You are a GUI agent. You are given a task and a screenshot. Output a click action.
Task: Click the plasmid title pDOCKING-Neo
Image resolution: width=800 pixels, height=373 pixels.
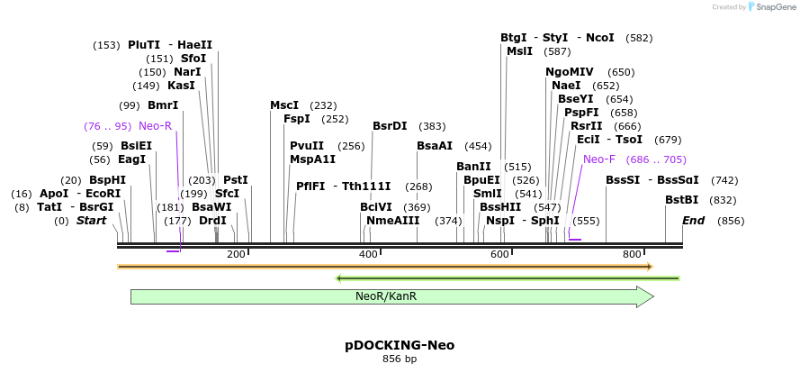tap(400, 345)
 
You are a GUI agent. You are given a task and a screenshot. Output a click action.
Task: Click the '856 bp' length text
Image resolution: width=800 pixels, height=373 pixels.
tap(400, 359)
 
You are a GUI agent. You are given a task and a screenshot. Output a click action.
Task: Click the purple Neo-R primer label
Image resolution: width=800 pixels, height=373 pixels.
tap(155, 126)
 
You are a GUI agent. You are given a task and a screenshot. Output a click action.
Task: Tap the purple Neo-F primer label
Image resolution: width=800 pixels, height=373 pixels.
tap(599, 159)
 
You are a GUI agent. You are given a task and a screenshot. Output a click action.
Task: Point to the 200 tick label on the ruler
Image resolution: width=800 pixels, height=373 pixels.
tap(237, 255)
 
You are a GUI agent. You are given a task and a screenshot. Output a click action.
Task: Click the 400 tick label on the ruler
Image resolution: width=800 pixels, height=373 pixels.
tap(369, 255)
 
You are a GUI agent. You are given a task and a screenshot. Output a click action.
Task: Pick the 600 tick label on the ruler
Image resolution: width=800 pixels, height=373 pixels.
tap(500, 255)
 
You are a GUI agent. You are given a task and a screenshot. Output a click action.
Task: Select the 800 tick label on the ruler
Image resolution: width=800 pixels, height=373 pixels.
tap(633, 255)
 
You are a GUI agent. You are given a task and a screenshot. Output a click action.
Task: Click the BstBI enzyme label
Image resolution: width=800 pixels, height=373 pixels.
tap(681, 200)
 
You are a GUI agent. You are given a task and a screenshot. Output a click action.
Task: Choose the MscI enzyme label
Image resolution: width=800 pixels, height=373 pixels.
tap(284, 105)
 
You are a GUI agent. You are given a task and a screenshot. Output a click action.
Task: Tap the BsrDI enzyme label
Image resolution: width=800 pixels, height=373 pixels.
tap(390, 126)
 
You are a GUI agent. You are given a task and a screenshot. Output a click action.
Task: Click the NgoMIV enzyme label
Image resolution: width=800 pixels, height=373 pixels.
tap(570, 72)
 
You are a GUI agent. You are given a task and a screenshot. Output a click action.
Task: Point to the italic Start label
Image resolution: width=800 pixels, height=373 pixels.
tap(91, 221)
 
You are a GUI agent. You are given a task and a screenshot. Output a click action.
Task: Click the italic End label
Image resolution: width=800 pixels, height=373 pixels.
tap(693, 221)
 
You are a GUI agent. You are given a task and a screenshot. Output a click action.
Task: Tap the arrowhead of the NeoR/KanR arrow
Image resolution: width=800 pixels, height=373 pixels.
tap(644, 296)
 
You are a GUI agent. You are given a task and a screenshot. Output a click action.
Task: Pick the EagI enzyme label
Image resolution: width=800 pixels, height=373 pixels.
tap(131, 159)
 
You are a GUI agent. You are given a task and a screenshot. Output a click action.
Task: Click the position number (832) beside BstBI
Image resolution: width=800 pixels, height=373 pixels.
tap(723, 200)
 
